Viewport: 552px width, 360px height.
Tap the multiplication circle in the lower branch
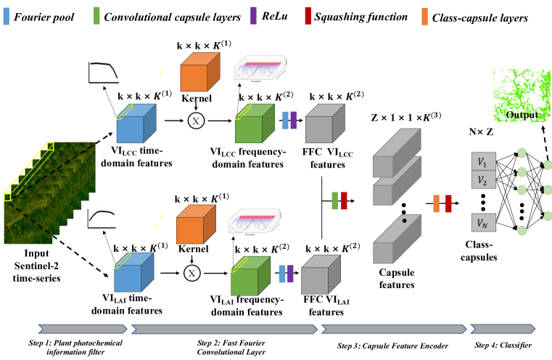[x=192, y=272]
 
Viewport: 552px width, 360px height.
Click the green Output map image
[x=521, y=102]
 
